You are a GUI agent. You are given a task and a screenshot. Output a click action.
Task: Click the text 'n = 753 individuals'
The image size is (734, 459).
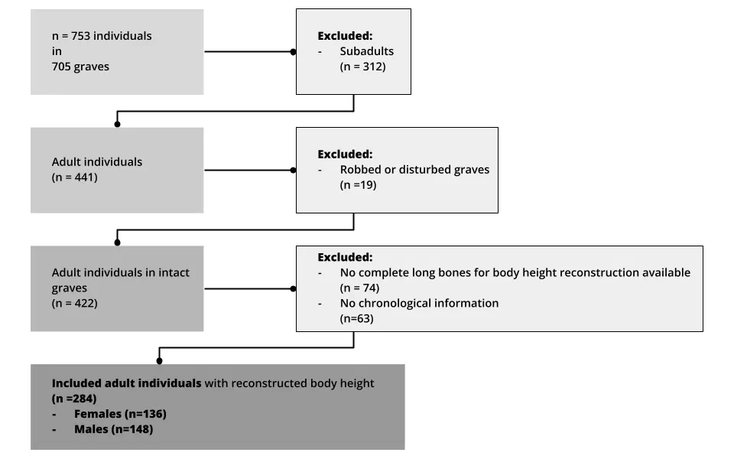pos(102,36)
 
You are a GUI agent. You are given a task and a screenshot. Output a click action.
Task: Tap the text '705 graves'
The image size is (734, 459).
pos(80,67)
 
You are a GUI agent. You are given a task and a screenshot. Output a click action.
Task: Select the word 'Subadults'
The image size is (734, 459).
pos(367,51)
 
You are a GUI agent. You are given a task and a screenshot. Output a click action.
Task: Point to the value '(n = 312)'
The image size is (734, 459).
pos(363,67)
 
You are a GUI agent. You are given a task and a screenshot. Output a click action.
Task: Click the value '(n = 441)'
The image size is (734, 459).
pos(75,177)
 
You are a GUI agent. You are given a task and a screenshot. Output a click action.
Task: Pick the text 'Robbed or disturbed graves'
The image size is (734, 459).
pos(414,169)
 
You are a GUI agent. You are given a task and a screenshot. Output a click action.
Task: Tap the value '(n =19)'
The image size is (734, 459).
pos(359,184)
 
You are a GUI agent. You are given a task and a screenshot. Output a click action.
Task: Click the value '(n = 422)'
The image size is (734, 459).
pos(75,303)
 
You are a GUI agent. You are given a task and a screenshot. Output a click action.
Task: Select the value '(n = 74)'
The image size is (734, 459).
pos(359,288)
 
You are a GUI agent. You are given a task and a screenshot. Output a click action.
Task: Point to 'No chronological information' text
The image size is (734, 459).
pos(419,303)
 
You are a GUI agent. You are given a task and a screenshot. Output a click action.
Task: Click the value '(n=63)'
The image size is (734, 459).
pos(356,318)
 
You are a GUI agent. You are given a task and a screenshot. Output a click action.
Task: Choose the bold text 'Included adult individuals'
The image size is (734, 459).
pos(126,383)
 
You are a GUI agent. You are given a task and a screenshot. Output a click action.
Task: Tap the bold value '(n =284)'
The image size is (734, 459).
pos(74,399)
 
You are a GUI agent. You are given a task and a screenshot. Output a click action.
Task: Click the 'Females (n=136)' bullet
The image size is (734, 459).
pos(120,414)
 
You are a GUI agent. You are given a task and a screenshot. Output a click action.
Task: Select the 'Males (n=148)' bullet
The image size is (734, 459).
pos(113,429)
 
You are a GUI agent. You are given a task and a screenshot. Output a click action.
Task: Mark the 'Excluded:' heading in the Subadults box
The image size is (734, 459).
pos(345,36)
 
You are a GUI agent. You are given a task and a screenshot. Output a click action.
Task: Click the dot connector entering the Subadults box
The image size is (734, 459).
pos(293,52)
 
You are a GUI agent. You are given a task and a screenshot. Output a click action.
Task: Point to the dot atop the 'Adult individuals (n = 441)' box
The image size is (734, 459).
pos(117,123)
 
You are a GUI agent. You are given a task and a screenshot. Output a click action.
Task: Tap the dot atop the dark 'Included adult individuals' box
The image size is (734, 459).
pos(159,360)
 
